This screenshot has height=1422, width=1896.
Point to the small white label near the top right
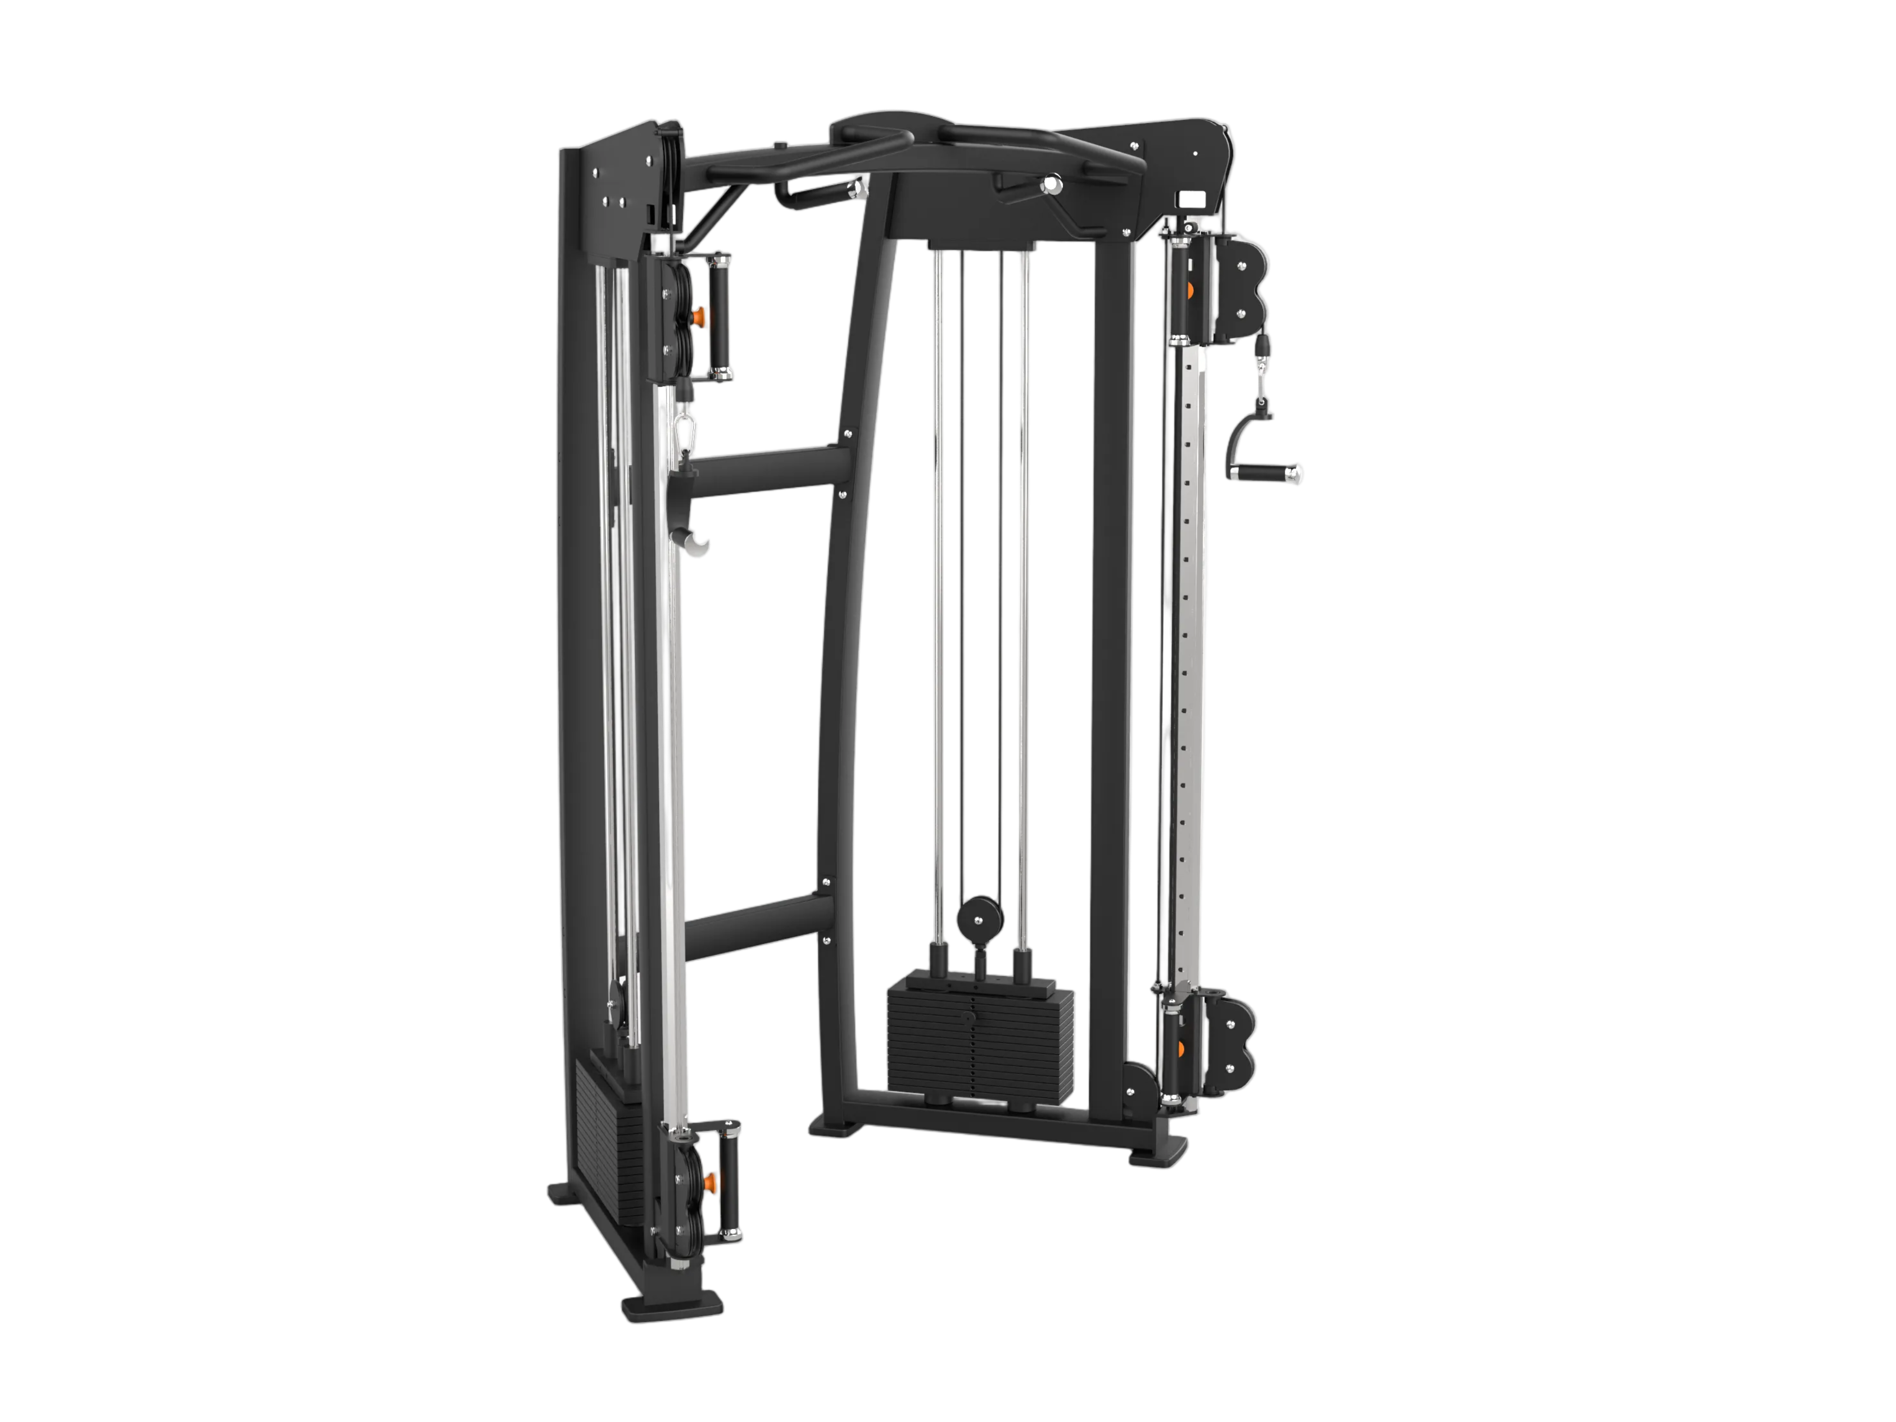(1191, 199)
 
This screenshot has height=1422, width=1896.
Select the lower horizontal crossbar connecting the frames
(758, 926)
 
